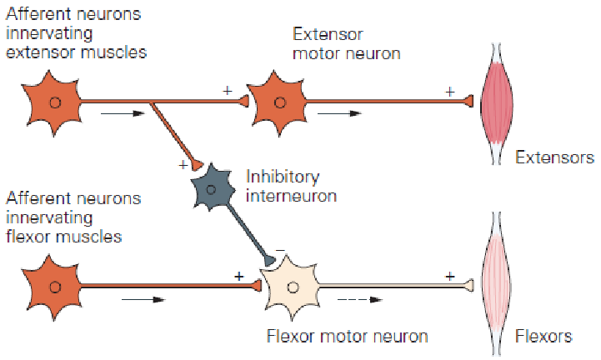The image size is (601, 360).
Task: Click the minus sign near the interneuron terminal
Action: coord(280,247)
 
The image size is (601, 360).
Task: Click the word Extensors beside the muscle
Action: coord(554,157)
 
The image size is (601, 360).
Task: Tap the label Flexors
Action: coord(543,337)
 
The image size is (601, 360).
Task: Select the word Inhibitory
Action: coord(283,177)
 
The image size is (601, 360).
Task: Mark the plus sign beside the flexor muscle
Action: coord(450,275)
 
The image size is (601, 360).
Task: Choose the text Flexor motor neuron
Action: coord(347,337)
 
